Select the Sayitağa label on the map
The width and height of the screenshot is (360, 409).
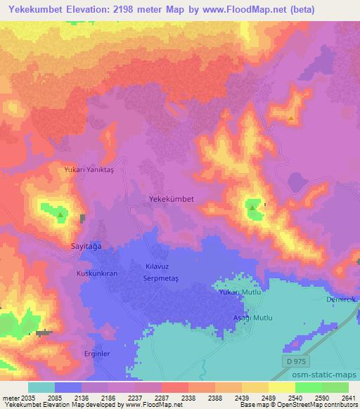click(x=88, y=247)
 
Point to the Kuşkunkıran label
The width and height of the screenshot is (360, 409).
click(x=96, y=272)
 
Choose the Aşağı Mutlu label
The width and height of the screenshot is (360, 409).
click(x=252, y=318)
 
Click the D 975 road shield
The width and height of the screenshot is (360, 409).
click(x=298, y=361)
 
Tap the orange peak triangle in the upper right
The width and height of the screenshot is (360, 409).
click(x=291, y=118)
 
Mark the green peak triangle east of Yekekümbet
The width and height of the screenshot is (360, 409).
click(x=252, y=207)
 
